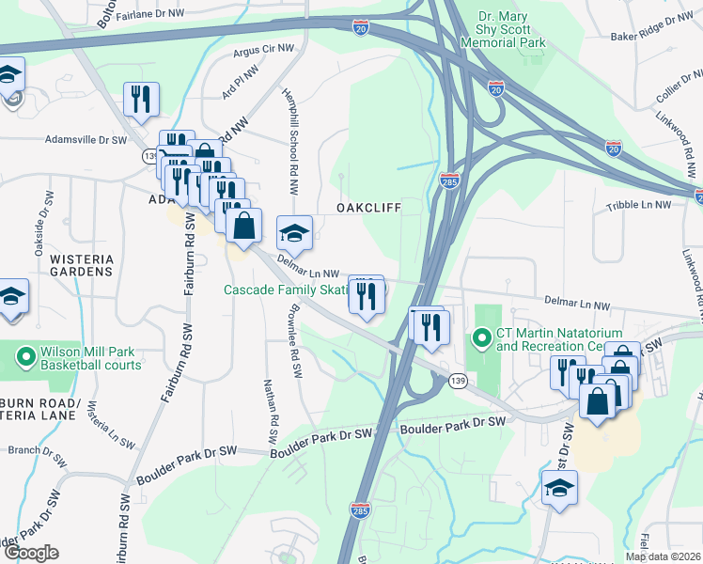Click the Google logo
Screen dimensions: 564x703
(31, 553)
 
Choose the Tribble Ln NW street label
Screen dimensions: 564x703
(638, 205)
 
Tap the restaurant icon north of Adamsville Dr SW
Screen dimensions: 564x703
(141, 99)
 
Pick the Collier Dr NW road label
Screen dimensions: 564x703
(664, 84)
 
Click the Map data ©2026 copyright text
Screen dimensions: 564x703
(663, 556)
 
